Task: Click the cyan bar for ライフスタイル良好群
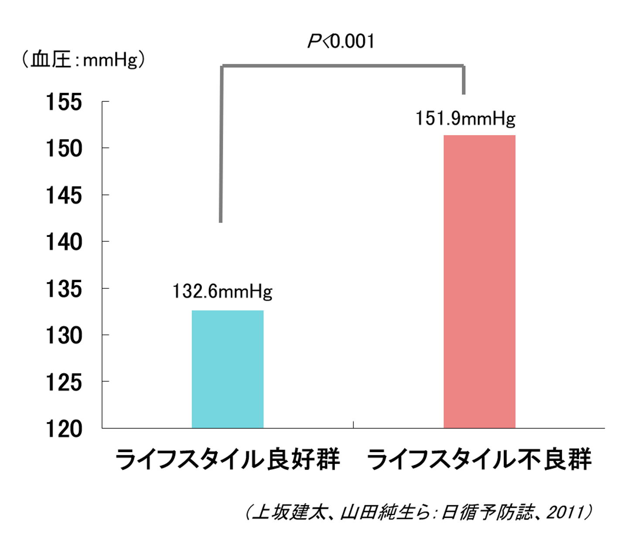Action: coord(228,369)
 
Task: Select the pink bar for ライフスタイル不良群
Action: coord(479,281)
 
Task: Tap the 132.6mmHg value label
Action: coord(222,291)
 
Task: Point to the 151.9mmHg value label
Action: coord(465,118)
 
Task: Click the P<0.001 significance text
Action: coord(341,41)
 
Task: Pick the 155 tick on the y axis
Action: coord(64,102)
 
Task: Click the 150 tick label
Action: coord(64,149)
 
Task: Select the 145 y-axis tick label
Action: coord(64,196)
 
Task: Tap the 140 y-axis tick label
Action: coord(64,242)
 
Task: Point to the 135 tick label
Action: coord(64,289)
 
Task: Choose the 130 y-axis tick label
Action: coord(64,335)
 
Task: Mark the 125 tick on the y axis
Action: coord(64,382)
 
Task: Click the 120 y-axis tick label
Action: coord(64,429)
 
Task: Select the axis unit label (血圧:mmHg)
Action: coord(83,59)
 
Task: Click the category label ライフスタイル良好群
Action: coord(227,459)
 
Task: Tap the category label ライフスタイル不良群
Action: coord(479,459)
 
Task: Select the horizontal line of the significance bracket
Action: coord(343,66)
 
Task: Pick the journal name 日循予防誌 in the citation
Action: coord(487,512)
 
